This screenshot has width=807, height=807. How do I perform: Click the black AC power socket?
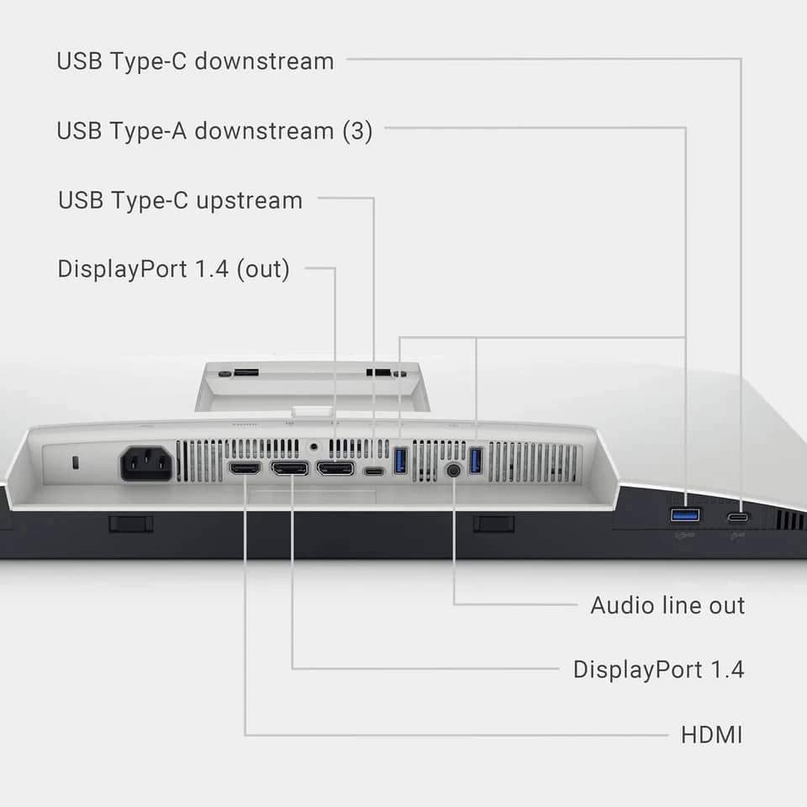coord(146,463)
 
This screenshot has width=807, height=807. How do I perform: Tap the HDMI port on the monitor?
coord(245,468)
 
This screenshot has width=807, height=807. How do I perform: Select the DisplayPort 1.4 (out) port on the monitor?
coord(335,468)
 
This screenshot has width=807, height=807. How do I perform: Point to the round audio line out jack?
coord(453,470)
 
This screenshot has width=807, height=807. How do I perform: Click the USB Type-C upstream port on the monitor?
coord(374,471)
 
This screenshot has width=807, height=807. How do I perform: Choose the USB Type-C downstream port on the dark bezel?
coord(737,517)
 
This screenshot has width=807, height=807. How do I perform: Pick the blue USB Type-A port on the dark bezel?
coord(685,514)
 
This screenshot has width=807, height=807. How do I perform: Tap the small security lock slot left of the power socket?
coord(76,462)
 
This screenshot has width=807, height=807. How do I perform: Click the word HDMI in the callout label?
coord(712,735)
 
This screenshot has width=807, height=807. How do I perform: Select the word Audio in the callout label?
coord(623,605)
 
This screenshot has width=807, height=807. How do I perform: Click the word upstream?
coord(250,202)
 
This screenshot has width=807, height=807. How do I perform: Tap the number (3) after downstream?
coord(358,131)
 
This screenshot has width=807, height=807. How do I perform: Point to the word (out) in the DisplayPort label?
coord(263,269)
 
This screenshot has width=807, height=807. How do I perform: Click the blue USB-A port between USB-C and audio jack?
coord(400,460)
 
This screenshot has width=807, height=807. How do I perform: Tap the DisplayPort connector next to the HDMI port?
coord(290,468)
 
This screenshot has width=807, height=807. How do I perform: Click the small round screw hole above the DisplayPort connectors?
coord(314,446)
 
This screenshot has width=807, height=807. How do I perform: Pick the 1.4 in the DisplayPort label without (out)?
coord(726,670)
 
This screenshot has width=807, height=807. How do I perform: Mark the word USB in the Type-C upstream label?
coord(81,200)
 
